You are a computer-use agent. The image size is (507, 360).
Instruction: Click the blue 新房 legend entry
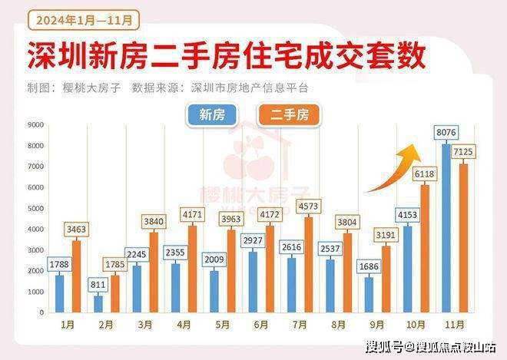pos(211,116)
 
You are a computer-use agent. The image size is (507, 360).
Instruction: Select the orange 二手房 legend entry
pos(289,116)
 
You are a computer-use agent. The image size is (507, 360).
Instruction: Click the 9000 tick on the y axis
pos(35,124)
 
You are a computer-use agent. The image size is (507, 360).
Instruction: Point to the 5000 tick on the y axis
pos(35,209)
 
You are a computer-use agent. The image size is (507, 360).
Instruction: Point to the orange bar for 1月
pos(76,276)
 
